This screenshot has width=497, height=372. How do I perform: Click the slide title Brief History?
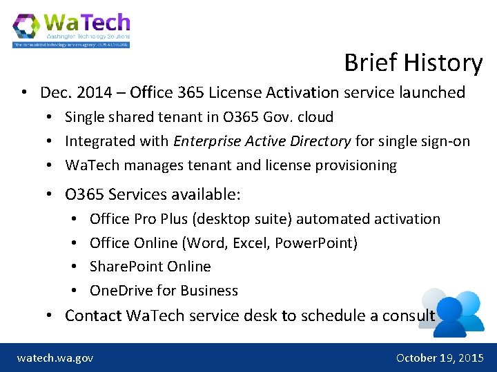tap(413, 63)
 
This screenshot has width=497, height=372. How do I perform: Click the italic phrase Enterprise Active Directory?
tap(262, 141)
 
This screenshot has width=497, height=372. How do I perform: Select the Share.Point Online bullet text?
tap(150, 267)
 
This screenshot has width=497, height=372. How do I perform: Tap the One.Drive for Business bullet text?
tap(164, 291)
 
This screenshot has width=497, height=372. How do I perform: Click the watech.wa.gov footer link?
tap(55, 358)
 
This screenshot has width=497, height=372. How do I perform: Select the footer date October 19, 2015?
tap(440, 358)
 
